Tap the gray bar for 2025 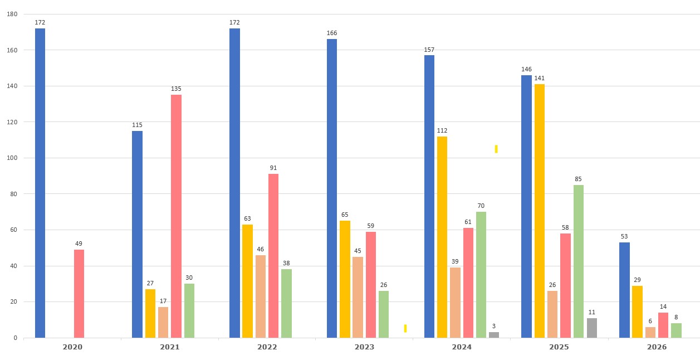[x=592, y=328]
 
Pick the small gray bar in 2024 [x=494, y=335]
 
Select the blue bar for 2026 [x=624, y=290]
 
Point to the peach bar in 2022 [x=261, y=296]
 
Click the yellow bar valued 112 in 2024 [x=442, y=237]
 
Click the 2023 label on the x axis [x=365, y=347]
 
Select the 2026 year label [x=657, y=347]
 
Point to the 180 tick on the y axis [x=12, y=14]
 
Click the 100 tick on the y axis [x=12, y=158]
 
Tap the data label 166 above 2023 [x=332, y=33]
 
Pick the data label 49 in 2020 [x=79, y=244]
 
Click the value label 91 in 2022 [x=273, y=168]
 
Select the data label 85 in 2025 [x=579, y=179]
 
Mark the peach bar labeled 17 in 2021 [x=163, y=322]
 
